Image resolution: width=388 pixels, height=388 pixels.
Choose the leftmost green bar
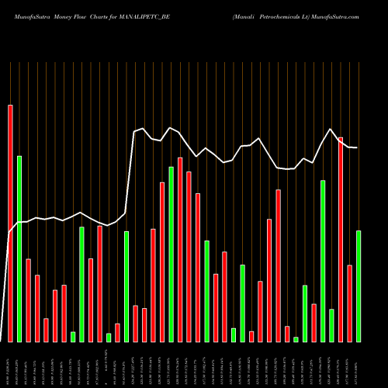[19, 248]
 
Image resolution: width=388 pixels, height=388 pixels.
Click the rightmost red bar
[349, 303]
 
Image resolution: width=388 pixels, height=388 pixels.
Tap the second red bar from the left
[28, 300]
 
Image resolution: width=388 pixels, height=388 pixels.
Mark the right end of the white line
[358, 147]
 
